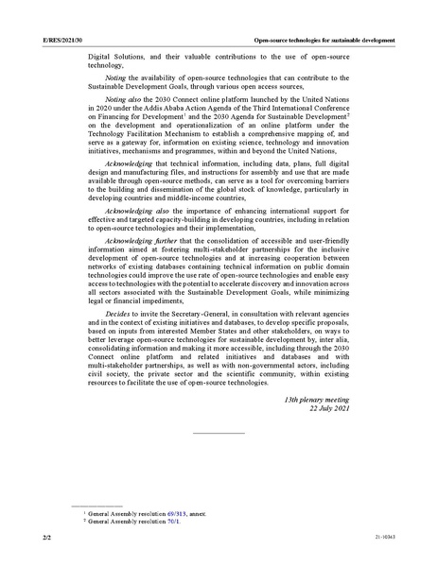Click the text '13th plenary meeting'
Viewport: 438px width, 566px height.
pyautogui.click(x=317, y=401)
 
